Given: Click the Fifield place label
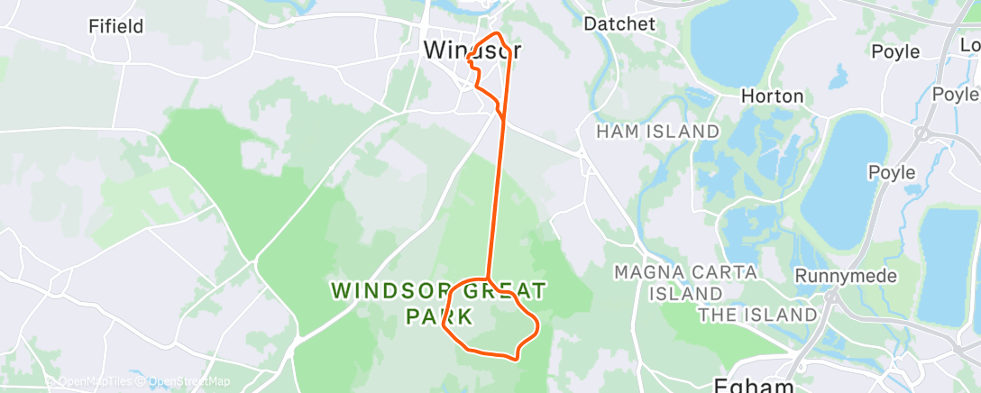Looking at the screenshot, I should point(116,26).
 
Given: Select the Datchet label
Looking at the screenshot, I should point(619,23).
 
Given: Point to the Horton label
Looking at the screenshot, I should point(772,96).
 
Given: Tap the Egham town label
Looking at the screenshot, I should point(754,385).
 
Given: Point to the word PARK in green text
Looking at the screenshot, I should point(439,316).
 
